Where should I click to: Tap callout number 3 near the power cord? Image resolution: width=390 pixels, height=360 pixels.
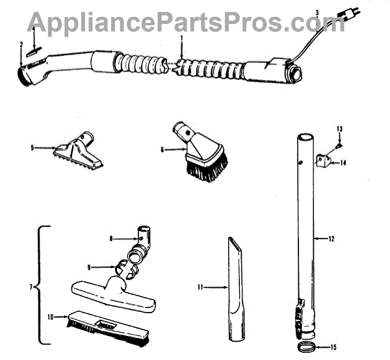tap(316, 12)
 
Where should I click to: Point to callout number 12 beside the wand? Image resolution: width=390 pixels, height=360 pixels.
tap(331, 238)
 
